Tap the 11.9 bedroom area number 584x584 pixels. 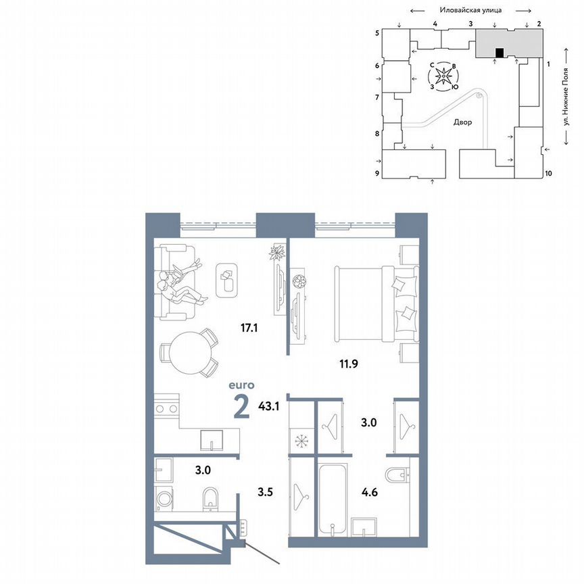[x=348, y=364]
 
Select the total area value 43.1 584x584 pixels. [x=270, y=408]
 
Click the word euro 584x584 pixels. [x=241, y=385]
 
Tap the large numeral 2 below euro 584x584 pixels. [x=240, y=408]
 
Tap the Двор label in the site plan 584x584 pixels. [x=463, y=123]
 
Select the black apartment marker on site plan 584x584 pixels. [x=500, y=53]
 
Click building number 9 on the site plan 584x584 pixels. [x=377, y=174]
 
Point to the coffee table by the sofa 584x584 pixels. [x=227, y=279]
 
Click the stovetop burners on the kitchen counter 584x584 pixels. [x=166, y=408]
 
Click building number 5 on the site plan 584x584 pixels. [x=377, y=32]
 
